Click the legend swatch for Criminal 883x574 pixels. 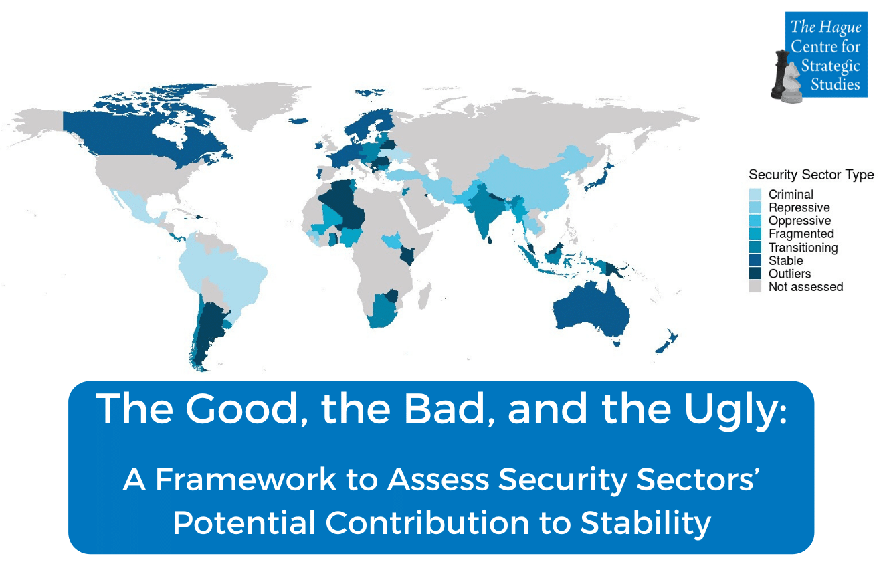tap(755, 195)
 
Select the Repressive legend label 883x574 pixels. tap(799, 208)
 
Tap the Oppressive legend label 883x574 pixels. tap(800, 221)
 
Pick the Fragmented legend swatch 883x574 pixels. tap(755, 233)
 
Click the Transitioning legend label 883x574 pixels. tap(803, 248)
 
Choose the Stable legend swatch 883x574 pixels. tap(755, 260)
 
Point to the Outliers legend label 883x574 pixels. tap(789, 274)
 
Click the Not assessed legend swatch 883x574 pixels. tap(755, 286)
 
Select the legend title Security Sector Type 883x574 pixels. tap(811, 175)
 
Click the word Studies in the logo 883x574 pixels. tap(836, 84)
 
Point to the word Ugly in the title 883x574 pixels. tap(735, 411)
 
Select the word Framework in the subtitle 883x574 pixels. tap(246, 480)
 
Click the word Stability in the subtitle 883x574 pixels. tap(646, 522)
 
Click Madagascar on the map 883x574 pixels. tap(425, 296)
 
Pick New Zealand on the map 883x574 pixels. tap(667, 341)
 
